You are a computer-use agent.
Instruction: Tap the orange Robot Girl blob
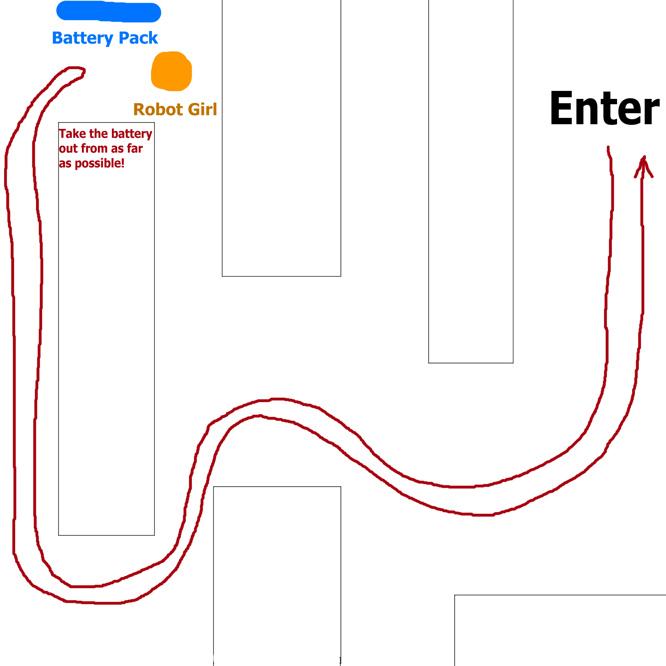pos(171,71)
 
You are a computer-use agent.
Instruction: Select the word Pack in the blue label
pos(138,38)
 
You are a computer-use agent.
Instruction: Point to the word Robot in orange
pos(158,110)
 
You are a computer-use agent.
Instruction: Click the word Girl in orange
pos(202,109)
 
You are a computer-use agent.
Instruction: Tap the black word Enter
pos(604,108)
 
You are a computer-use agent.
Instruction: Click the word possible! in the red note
pos(99,164)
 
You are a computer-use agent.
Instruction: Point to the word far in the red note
pos(135,148)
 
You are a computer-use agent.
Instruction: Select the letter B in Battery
pos(57,38)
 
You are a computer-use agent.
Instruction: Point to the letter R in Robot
pos(139,110)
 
